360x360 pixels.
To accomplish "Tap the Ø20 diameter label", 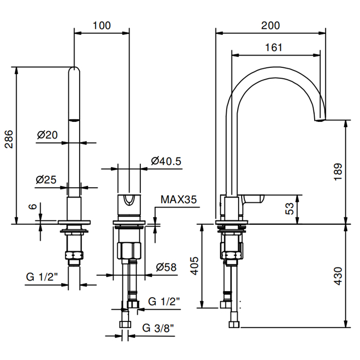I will pyautogui.click(x=47, y=135).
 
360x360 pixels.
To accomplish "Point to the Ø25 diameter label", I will pyautogui.click(x=46, y=180).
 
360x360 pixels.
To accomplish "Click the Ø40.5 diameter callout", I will pyautogui.click(x=166, y=161).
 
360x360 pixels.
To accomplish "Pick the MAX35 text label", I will pyautogui.click(x=179, y=200).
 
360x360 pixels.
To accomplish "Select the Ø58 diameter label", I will pyautogui.click(x=166, y=267).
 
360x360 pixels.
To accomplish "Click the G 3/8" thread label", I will pyautogui.click(x=158, y=328).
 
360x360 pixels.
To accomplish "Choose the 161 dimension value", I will pyautogui.click(x=274, y=47).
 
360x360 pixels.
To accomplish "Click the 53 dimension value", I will pyautogui.click(x=290, y=208).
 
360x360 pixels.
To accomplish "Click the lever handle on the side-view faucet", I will pyautogui.click(x=252, y=199).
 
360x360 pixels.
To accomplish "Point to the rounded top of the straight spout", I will pyautogui.click(x=75, y=70).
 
